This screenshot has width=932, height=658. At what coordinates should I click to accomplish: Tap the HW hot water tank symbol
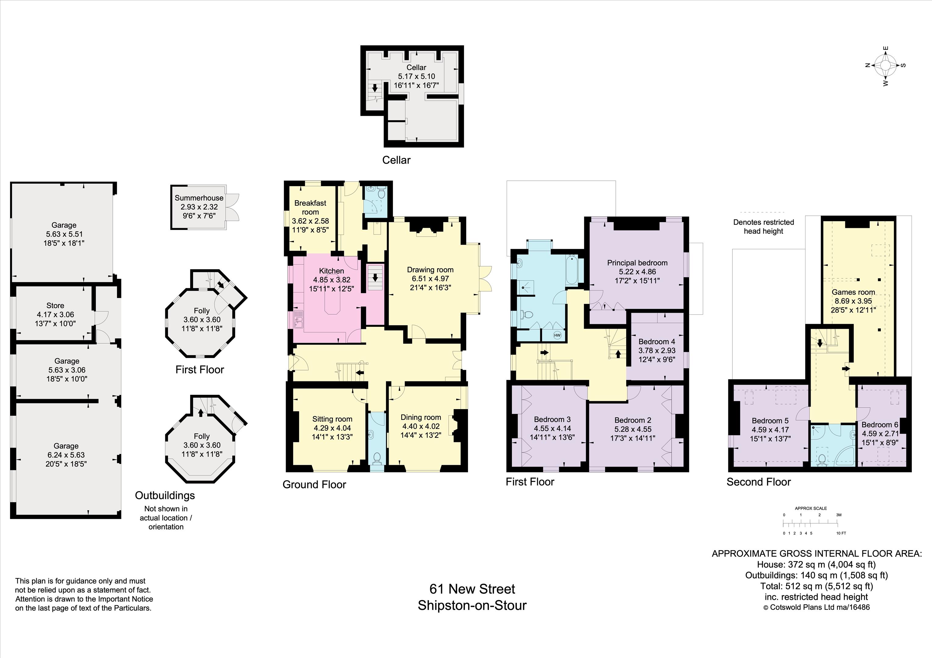557,335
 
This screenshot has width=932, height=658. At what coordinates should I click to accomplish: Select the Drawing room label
430,270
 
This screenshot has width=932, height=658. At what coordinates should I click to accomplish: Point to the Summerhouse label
199,198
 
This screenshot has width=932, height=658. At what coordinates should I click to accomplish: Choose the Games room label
853,292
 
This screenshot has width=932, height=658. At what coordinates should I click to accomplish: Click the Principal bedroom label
637,263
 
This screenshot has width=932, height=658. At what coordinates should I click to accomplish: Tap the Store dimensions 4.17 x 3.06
55,314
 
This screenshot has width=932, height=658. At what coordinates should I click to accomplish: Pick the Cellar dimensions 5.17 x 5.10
416,76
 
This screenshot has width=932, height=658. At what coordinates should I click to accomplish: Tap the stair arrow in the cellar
375,88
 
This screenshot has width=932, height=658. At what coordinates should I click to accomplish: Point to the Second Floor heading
759,482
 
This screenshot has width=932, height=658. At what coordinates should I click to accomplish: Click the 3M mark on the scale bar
839,515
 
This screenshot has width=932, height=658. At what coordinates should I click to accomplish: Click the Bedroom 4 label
657,341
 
